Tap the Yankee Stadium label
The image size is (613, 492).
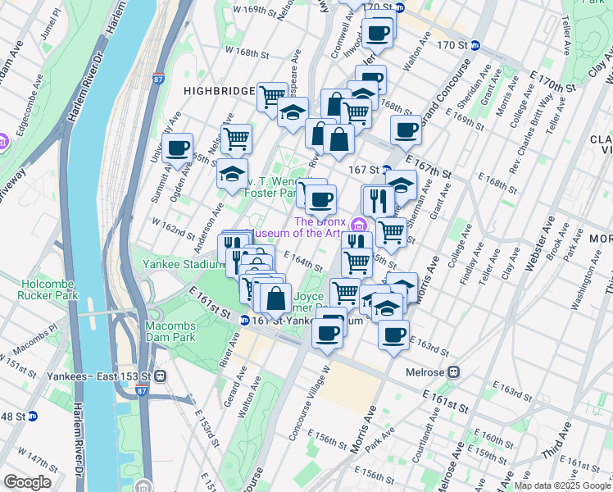pos(183,264)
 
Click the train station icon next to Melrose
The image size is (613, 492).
pos(452,371)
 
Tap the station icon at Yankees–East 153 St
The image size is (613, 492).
pos(161,376)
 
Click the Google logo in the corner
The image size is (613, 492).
pos(27,482)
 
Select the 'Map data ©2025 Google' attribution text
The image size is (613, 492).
pos(562,485)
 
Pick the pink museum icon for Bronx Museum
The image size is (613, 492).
pos(357,225)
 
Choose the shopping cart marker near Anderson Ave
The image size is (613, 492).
pos(236,139)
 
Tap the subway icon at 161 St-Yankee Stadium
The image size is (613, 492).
pos(245,321)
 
